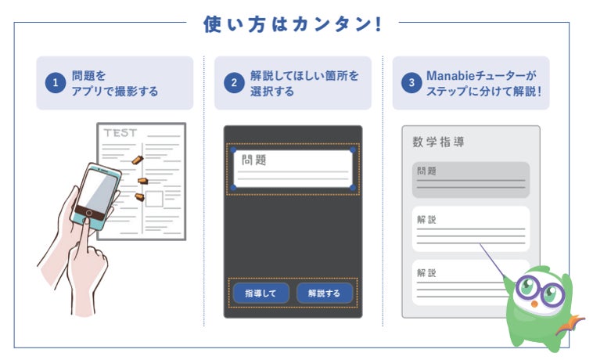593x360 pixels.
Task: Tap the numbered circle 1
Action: pyautogui.click(x=56, y=83)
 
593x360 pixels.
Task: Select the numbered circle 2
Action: pyautogui.click(x=233, y=83)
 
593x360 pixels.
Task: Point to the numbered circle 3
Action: pyautogui.click(x=412, y=83)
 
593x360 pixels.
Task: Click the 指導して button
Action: pyautogui.click(x=261, y=293)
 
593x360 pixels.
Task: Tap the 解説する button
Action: pyautogui.click(x=324, y=293)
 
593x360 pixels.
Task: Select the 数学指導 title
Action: pyautogui.click(x=440, y=142)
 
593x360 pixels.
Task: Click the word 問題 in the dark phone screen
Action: pyautogui.click(x=253, y=160)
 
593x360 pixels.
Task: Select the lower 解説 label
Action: pyautogui.click(x=426, y=273)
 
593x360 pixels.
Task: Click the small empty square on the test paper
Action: pyautogui.click(x=154, y=199)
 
